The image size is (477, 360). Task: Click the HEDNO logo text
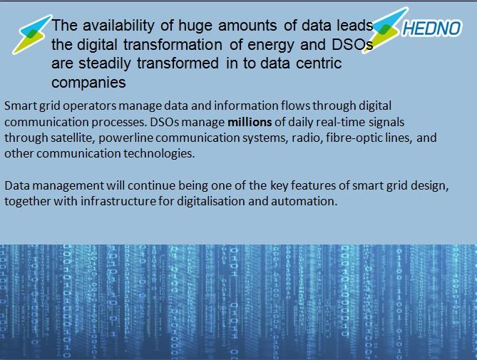click(431, 29)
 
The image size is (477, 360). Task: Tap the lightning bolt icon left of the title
click(32, 34)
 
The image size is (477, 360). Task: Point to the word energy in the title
click(271, 46)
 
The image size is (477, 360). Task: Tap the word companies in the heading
click(88, 83)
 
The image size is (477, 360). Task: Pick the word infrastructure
click(118, 201)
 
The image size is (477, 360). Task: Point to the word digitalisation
click(211, 201)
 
